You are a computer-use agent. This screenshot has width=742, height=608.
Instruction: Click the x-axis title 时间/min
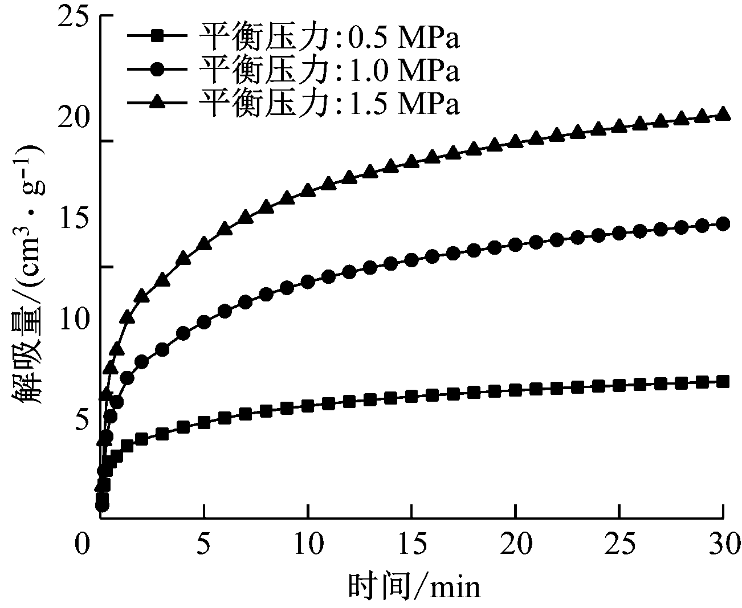414,586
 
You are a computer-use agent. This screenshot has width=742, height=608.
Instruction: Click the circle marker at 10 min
308,281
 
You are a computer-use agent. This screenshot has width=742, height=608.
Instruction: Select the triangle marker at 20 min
515,141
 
